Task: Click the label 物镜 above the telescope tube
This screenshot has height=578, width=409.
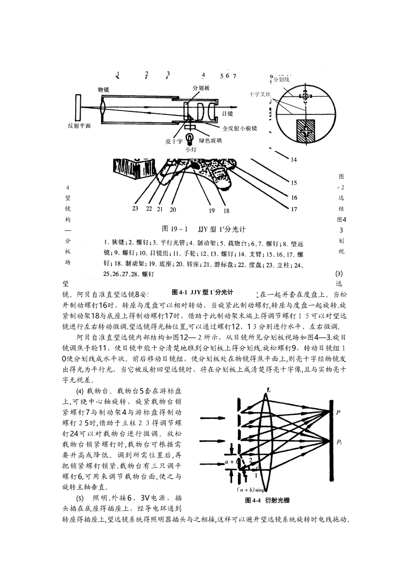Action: [103, 89]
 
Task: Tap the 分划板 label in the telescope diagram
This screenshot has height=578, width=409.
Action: [201, 88]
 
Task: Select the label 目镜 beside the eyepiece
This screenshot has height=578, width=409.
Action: [227, 114]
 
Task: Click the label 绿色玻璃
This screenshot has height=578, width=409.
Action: [211, 140]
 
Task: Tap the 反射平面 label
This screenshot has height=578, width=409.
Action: [80, 126]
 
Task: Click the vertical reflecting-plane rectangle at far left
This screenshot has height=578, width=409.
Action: [78, 107]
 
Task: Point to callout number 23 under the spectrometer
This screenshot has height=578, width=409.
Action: [136, 209]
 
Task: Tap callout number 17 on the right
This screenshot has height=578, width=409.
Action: [294, 209]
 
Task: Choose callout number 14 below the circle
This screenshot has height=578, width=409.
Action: [294, 160]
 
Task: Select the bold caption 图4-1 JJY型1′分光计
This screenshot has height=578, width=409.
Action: [202, 292]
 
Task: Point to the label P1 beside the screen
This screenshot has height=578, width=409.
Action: [340, 442]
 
